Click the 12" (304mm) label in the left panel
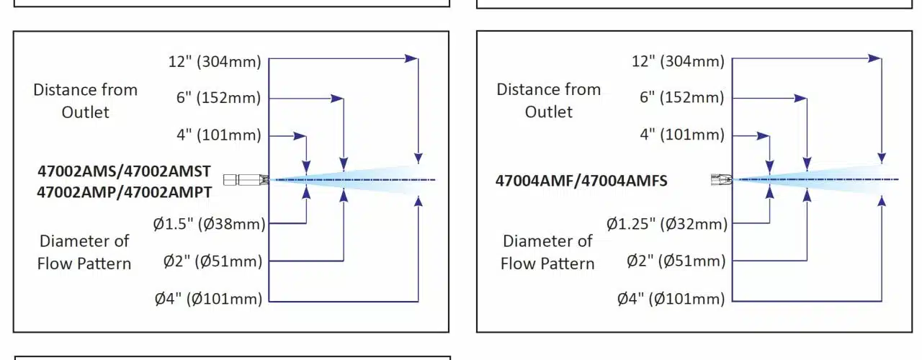pos(216,61)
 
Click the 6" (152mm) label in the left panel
pos(219,98)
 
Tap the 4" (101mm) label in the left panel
pos(219,135)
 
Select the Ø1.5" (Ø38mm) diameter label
pos(209,224)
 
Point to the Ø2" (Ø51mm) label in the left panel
pos(213,261)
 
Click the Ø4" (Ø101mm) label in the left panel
pos(208,298)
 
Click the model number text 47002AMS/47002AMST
pos(124,171)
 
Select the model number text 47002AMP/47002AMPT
pos(124,192)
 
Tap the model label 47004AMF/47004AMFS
pos(581,181)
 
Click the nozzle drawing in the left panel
pos(246,179)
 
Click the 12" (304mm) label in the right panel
pos(679,61)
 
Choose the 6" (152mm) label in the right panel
pos(682,98)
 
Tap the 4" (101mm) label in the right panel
pos(682,135)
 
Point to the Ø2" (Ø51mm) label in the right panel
pos(676,261)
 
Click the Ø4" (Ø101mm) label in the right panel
pos(671,298)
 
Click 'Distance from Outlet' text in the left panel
pos(85,101)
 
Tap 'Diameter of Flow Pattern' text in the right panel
pos(547,252)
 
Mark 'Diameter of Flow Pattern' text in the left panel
pos(84,252)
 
